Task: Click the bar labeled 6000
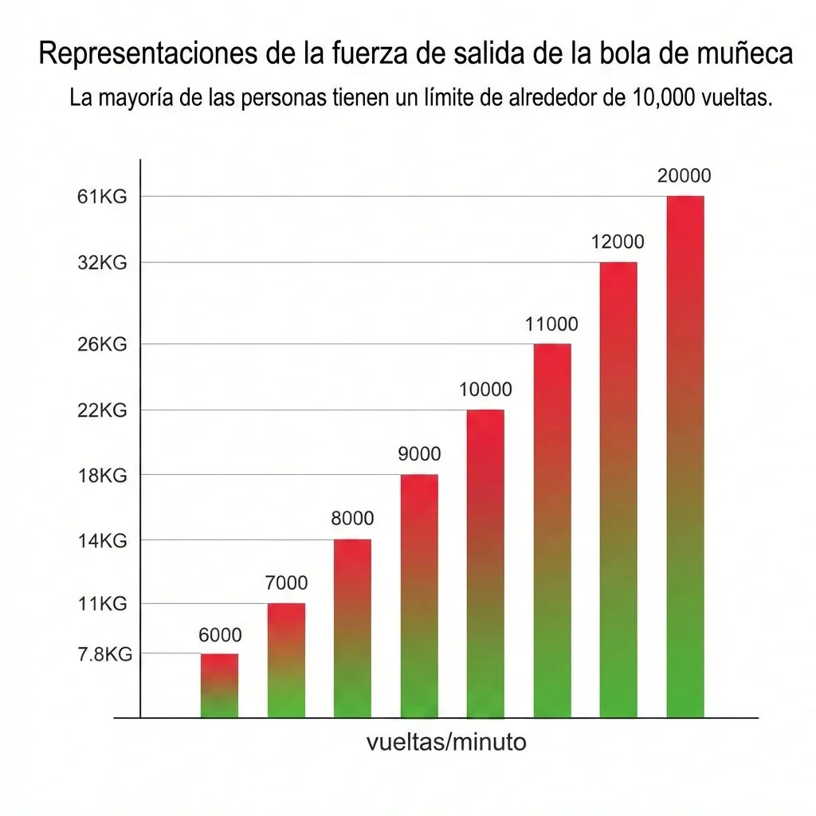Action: (219, 685)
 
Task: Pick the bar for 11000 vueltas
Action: (551, 531)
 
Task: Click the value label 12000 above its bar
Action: (618, 242)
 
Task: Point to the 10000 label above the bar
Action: (485, 390)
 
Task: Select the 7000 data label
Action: (286, 583)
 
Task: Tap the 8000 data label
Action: (352, 519)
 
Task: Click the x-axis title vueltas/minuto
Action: (446, 743)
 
